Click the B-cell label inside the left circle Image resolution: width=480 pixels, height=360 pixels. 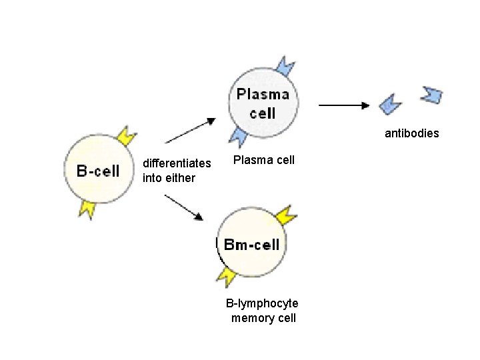98,171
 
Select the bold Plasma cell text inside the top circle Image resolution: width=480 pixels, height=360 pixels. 263,103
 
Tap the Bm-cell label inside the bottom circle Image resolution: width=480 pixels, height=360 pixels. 252,245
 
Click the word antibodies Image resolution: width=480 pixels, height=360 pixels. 411,133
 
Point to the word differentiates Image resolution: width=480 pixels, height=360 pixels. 177,163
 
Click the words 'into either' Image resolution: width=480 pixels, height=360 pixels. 169,178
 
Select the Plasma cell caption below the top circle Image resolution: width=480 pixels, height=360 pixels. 263,160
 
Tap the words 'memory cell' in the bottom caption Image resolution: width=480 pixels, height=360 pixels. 263,318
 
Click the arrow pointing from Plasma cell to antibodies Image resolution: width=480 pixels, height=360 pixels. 344,105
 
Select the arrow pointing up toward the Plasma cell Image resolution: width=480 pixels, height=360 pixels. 191,130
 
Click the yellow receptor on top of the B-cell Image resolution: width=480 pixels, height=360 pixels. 126,136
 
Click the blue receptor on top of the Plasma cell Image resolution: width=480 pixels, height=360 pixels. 285,67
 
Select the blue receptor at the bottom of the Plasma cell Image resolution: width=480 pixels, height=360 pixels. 239,136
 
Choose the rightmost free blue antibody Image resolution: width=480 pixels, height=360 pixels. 431,95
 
